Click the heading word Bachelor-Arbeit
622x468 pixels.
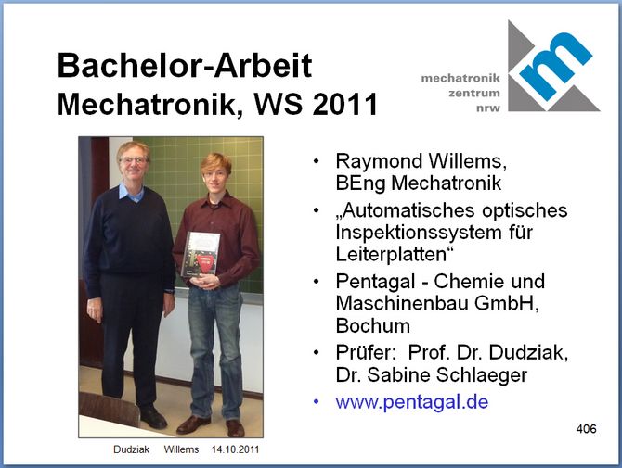185,65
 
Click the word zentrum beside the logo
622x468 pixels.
474,93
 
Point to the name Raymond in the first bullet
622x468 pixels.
379,161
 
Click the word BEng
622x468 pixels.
360,183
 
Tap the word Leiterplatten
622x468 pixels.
391,254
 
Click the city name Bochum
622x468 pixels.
373,326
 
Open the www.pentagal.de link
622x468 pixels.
412,402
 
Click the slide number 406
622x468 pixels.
587,429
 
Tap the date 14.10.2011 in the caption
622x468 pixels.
235,449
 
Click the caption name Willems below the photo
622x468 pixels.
181,449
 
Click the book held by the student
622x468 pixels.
201,254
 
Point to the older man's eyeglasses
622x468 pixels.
134,160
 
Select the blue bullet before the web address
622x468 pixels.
317,402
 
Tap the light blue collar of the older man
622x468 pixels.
131,193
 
